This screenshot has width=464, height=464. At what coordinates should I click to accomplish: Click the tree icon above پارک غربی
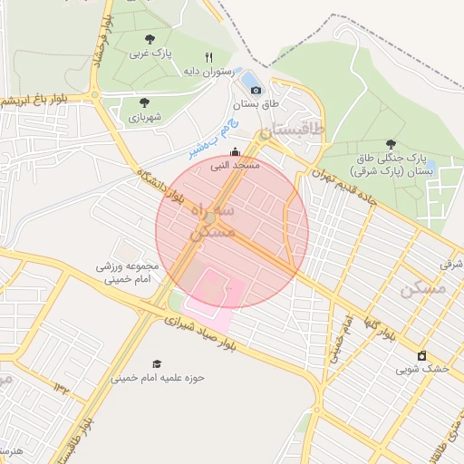pos(150,39)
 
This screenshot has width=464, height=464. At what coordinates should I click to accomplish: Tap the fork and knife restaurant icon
pos(209,56)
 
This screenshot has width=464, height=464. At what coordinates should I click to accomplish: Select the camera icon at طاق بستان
pos(256,90)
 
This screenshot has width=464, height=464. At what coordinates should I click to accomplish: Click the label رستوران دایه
pos(209,71)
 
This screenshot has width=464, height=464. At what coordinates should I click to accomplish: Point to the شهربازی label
pos(144,117)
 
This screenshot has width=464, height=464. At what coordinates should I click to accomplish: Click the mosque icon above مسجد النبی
pos(236,152)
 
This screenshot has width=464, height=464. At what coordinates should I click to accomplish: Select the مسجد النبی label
pos(236,167)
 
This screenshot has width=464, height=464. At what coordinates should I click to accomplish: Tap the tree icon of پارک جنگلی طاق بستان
pos(391,143)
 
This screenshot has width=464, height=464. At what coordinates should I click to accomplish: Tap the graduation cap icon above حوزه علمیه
pos(157,362)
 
